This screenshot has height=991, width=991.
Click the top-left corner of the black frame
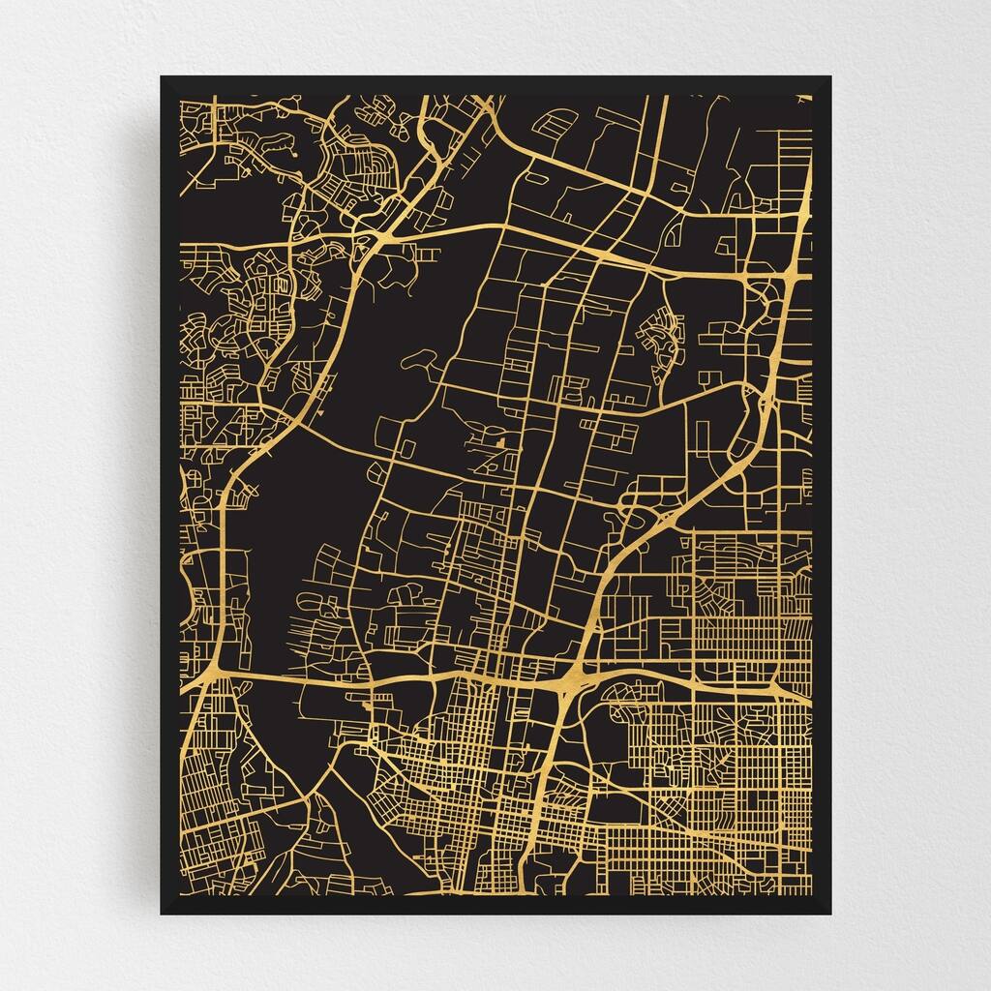point(162,77)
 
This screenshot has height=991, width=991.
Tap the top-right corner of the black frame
point(830,77)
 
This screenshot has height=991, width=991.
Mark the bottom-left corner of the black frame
point(162,913)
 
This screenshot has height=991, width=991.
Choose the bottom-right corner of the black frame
point(830,913)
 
